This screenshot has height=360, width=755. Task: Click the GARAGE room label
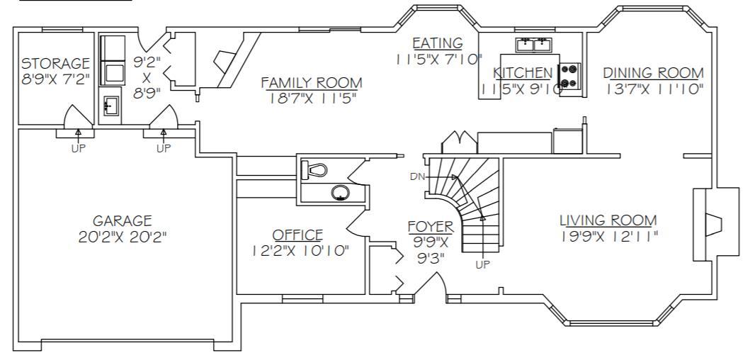[123, 221]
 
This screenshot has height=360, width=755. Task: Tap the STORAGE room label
[55, 63]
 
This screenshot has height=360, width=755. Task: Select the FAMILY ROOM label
[312, 83]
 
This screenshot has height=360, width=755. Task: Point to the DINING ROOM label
[654, 73]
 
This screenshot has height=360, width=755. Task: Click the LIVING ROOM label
[608, 220]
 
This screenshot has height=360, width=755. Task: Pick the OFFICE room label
[297, 235]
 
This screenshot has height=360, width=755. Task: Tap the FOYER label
[431, 227]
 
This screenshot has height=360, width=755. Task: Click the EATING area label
[438, 43]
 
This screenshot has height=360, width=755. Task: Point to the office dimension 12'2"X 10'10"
[300, 251]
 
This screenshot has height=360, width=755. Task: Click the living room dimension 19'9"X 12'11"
[610, 236]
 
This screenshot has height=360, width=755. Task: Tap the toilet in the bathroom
[314, 169]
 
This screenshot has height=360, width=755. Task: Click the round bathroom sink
[341, 193]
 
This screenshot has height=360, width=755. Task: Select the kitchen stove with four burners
[569, 77]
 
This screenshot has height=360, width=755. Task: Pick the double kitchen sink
[533, 45]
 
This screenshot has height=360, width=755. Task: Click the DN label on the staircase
[417, 176]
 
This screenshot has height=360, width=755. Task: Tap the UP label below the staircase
[482, 264]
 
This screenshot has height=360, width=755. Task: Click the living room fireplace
[715, 224]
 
